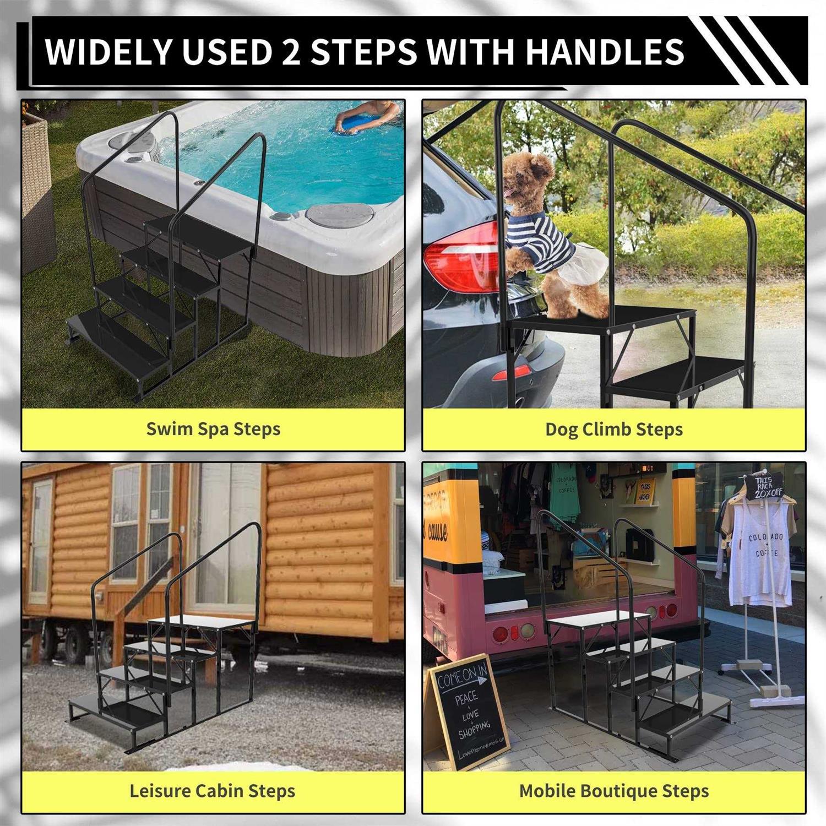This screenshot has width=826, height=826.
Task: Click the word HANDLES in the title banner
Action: coord(604,52)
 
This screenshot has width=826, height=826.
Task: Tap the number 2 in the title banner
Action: coord(291,52)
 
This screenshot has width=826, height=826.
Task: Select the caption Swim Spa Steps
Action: coord(213,429)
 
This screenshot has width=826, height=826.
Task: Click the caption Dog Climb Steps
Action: coord(613,429)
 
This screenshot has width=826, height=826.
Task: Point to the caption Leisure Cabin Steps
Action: coord(212,791)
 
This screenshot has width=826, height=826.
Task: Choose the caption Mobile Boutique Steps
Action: coord(613,791)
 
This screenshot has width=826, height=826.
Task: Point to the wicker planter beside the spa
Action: coord(37,193)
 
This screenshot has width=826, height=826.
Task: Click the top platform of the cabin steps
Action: coord(201,622)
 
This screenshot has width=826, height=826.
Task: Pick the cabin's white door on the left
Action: coord(41,540)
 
